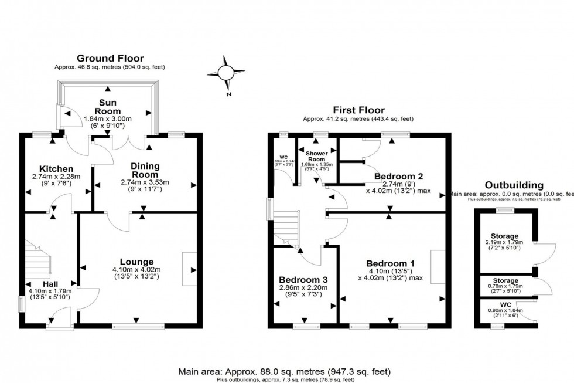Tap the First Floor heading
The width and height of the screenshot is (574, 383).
coord(358,110)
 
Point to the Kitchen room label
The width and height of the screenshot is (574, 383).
coord(57,168)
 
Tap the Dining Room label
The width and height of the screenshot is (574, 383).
coord(145,170)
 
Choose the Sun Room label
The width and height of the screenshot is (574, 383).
coord(108,107)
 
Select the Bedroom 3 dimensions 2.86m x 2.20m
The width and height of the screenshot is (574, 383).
coord(302,288)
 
